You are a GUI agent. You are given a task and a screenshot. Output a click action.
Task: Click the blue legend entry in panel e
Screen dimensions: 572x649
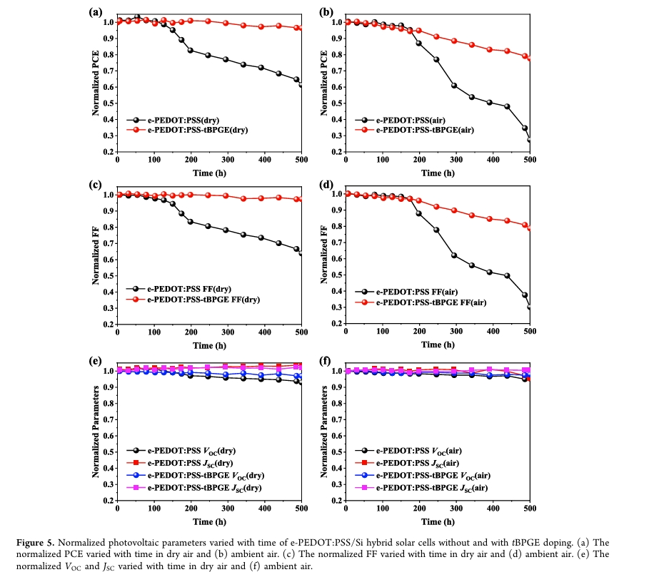point(201,475)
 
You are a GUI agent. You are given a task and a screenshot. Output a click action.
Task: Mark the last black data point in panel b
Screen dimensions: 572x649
point(529,140)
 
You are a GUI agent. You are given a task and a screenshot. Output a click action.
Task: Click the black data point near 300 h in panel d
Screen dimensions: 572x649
point(455,255)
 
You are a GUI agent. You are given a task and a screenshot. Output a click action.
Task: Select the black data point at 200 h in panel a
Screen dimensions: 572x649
point(191,50)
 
